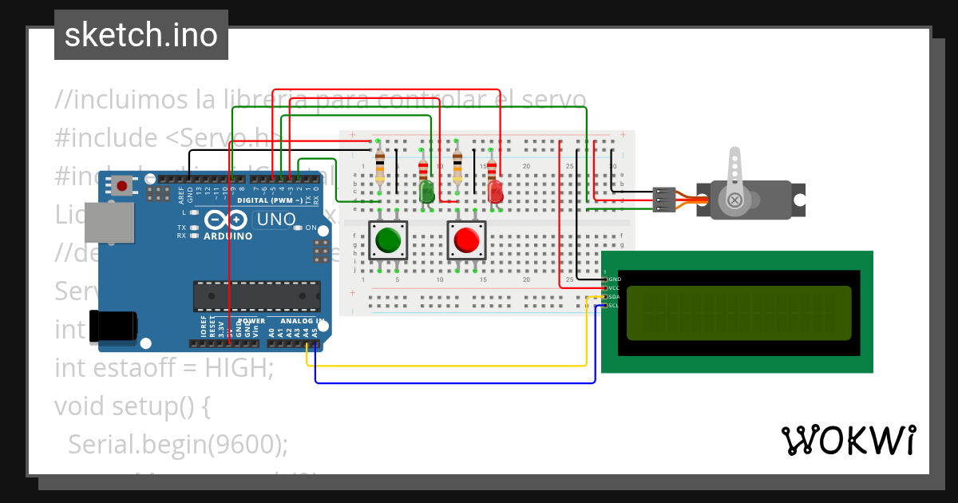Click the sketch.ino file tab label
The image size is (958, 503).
141,35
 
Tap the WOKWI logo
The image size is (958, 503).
848,441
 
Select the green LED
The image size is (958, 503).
426,191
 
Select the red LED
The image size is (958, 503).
495,191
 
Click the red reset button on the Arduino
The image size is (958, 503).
121,186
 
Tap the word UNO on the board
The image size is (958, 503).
274,220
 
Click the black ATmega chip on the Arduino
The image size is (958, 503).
255,295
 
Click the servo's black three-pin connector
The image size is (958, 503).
663,200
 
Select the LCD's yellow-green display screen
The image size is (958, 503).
738,311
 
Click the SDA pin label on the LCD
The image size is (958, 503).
614,296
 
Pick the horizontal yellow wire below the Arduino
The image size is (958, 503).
447,366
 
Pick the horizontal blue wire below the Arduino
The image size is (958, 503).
455,383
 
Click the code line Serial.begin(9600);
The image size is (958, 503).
178,443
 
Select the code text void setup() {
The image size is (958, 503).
133,406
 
